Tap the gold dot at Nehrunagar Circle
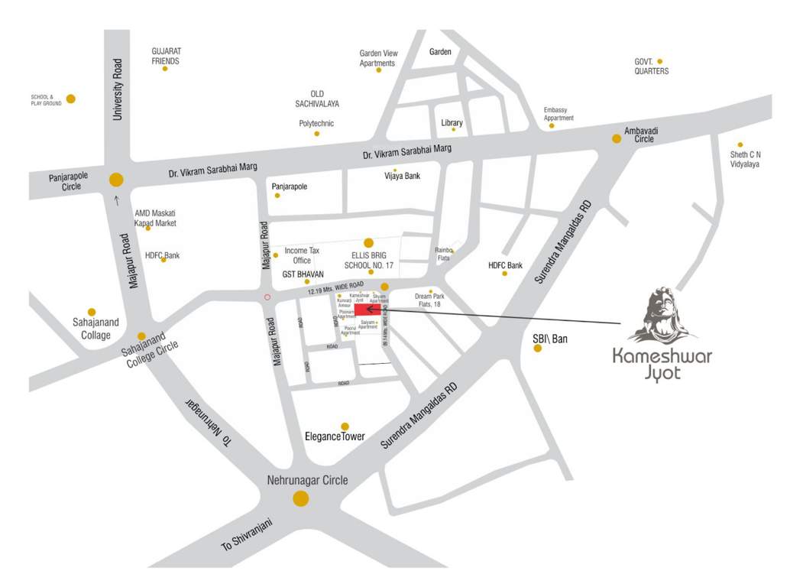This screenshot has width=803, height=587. coord(301,499)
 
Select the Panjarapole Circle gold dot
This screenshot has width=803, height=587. coord(116,180)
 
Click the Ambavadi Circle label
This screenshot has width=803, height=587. coord(641,135)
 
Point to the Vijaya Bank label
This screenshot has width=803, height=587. coord(402,177)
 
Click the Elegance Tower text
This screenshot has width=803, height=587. coord(335,437)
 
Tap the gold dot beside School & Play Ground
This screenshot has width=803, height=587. coord(71,99)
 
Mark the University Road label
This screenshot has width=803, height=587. coord(118,89)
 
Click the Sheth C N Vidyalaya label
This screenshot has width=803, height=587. coord(745,159)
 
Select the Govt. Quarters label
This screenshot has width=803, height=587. coord(651,66)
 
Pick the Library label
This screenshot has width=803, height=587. coord(452,123)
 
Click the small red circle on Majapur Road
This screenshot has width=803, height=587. coord(267,297)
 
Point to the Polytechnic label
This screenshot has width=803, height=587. coord(316,123)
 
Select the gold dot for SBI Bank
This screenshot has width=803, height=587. coord(538,349)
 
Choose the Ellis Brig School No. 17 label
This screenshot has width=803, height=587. coord(368,260)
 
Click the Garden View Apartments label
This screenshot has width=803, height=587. coord(379,58)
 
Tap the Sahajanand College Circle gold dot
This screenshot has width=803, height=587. coord(141,336)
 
